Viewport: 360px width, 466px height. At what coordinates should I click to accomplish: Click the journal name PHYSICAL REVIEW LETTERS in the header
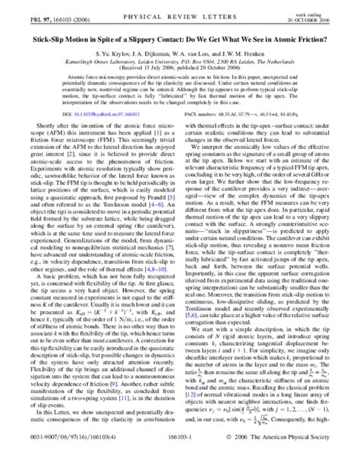point(178,12)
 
